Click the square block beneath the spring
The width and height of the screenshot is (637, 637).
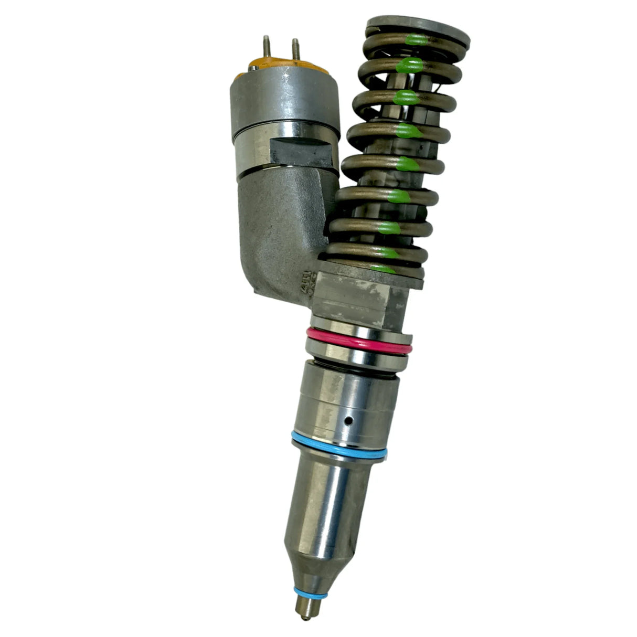362,299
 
